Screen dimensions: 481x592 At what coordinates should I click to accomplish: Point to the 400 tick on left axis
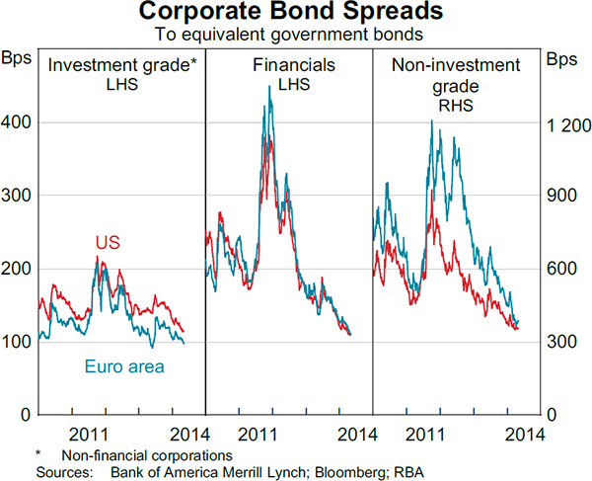coord(18,122)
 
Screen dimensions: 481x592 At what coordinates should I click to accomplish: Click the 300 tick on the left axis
coord(18,196)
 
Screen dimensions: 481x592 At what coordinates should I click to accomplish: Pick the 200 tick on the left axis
coord(18,269)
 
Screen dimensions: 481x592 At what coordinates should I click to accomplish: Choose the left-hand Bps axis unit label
coord(18,59)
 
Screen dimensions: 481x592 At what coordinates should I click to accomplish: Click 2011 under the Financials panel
coord(257,433)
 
